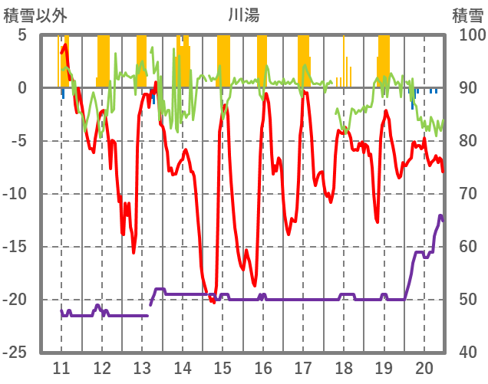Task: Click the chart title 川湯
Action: [243, 14]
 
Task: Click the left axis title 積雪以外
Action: [30, 14]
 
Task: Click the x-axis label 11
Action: [61, 368]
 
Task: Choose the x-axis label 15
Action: [223, 368]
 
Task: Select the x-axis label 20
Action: [424, 368]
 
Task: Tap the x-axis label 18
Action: [344, 368]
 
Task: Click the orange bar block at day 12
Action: [104, 61]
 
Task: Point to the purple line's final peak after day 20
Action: [440, 216]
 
